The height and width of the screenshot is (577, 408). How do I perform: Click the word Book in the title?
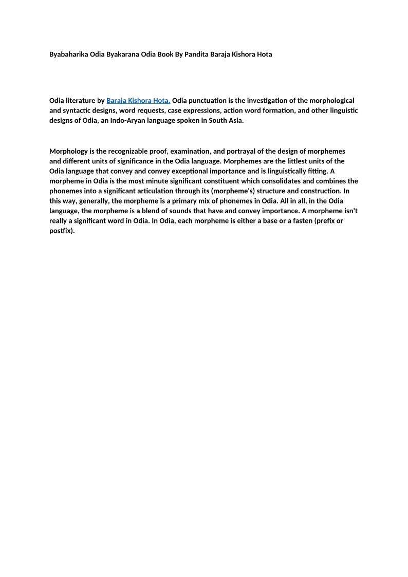pos(165,54)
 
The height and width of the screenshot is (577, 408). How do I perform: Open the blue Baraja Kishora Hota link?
pos(138,101)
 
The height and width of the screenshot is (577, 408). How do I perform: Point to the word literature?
pos(78,101)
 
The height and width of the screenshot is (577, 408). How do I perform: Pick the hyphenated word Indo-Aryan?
pos(128,120)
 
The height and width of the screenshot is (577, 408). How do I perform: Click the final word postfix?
pos(62,231)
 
